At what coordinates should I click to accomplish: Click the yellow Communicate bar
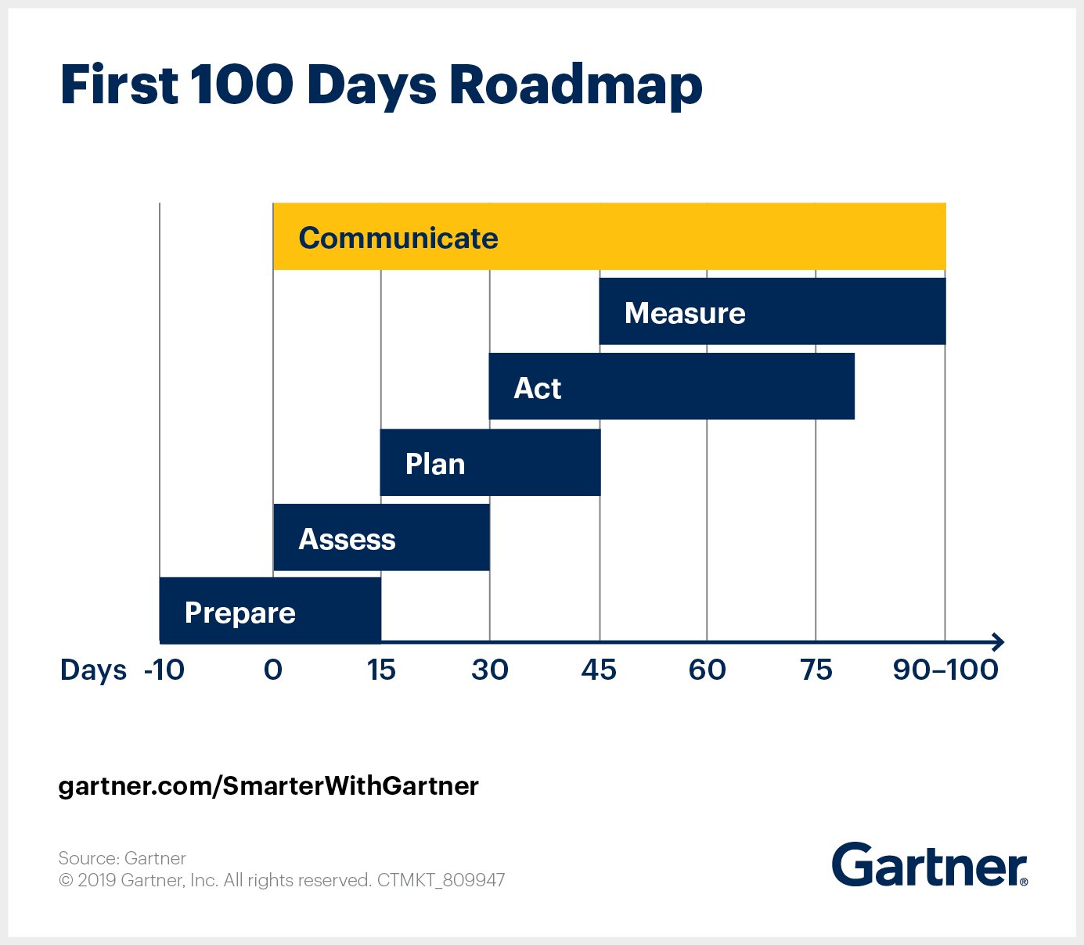(609, 236)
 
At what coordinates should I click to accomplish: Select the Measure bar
(772, 311)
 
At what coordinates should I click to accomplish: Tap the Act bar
(672, 386)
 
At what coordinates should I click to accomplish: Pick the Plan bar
(490, 462)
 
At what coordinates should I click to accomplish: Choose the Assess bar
(381, 537)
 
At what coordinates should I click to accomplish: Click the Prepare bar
(270, 611)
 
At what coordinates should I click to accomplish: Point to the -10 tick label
(164, 670)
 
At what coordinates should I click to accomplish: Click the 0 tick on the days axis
(273, 670)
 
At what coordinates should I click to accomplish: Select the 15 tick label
(381, 670)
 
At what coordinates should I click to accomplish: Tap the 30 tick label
(490, 670)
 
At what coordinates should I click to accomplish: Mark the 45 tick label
(599, 670)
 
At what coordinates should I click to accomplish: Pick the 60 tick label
(707, 670)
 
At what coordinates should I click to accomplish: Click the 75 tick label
(816, 670)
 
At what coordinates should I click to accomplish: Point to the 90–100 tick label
(945, 670)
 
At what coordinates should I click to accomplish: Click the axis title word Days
(93, 671)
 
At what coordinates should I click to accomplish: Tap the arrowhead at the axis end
(998, 642)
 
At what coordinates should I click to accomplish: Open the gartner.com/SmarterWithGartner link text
(268, 785)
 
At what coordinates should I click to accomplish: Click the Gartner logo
(929, 864)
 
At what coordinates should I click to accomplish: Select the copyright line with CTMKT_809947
(282, 880)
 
